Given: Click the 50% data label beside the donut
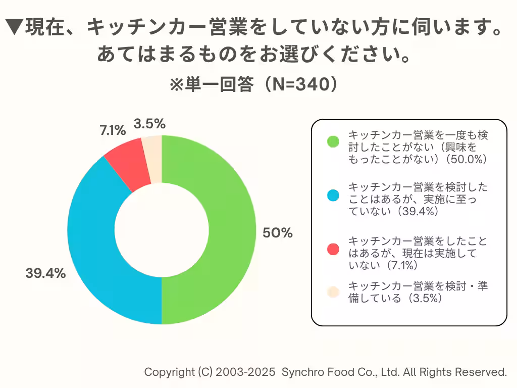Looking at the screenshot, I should coord(277,233).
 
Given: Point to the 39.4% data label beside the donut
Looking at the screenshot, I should coord(46,274).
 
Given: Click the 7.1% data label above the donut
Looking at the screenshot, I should coord(112,130).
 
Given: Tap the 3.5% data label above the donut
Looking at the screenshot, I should coord(149,123).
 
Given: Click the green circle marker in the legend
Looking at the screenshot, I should coord(333,142).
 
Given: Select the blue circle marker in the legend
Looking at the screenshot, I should coord(333,195).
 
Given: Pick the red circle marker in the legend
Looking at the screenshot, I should coord(333,248).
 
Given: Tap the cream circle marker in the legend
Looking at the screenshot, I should coord(333,292).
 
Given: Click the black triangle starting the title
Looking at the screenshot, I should coord(16,28).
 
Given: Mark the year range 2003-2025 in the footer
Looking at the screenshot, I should coord(246,372).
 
